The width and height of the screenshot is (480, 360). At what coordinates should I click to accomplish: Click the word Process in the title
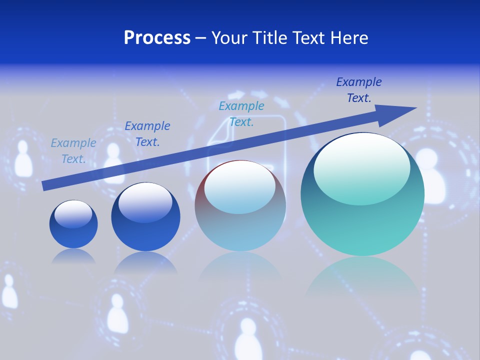click(x=157, y=38)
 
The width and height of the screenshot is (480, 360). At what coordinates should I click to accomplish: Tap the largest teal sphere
click(x=362, y=215)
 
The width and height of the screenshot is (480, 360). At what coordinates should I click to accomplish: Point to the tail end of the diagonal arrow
click(x=46, y=185)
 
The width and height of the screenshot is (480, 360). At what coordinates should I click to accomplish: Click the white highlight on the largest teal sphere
click(x=361, y=167)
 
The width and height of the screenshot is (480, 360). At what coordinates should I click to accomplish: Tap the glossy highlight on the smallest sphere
click(x=73, y=213)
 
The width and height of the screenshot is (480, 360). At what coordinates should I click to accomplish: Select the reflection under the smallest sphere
click(x=73, y=256)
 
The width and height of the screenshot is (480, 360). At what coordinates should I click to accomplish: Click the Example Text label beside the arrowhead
click(x=358, y=90)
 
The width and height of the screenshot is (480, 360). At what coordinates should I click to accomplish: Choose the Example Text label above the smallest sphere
click(x=73, y=151)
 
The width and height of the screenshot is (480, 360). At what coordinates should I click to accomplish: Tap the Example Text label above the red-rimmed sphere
click(x=241, y=114)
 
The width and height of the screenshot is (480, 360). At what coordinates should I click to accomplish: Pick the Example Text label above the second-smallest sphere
click(x=147, y=134)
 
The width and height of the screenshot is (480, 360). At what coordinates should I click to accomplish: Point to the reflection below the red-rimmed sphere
click(x=240, y=270)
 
